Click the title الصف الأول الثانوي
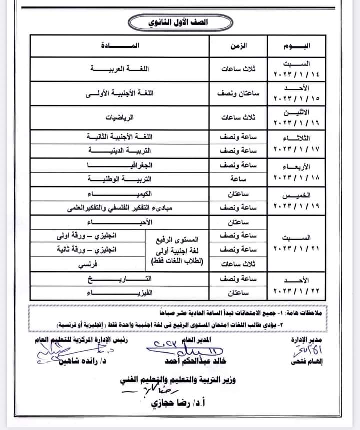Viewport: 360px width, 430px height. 179,23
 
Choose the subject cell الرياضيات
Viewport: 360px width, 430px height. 120,118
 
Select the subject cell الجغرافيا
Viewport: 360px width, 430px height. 120,165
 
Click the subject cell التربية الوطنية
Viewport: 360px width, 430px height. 120,178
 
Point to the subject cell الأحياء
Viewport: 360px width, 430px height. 120,222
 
